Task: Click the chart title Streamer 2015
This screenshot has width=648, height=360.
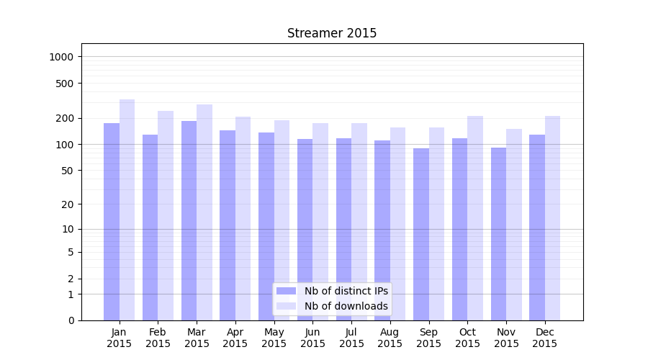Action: click(332, 33)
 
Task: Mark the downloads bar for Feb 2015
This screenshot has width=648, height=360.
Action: click(166, 215)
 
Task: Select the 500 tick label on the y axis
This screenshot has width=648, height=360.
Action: click(65, 84)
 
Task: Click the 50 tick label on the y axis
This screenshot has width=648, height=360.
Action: click(68, 171)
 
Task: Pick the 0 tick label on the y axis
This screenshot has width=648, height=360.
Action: click(71, 320)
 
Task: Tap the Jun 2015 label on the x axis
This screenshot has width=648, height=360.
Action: click(312, 338)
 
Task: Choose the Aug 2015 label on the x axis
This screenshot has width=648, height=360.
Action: click(390, 338)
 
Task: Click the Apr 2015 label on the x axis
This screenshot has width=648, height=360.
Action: click(235, 338)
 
